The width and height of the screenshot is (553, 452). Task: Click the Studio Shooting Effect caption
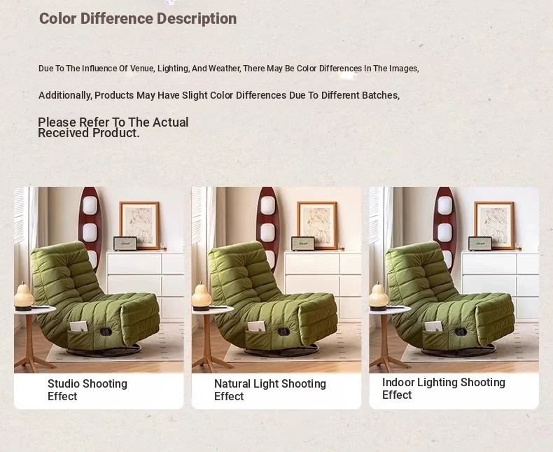coord(87,390)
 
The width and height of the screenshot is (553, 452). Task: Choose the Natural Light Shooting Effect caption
coord(270,390)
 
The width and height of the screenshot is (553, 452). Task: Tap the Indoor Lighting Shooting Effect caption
coord(444,388)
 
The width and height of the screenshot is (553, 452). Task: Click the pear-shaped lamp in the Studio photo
coord(24,296)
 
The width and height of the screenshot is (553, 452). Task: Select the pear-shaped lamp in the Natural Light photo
coord(202,296)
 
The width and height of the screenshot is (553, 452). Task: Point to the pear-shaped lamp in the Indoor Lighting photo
coord(379,296)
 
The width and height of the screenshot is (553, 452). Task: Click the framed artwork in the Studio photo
coord(139,225)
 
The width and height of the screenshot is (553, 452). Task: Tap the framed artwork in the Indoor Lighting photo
coord(494,225)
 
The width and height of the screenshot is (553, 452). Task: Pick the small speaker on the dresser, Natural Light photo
coord(303,243)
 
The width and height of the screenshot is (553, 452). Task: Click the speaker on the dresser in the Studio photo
coord(125,243)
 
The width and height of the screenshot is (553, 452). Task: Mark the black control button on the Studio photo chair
coord(106,332)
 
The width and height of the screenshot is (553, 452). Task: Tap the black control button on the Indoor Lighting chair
coord(461,332)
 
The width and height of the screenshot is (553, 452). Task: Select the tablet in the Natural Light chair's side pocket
coord(256,327)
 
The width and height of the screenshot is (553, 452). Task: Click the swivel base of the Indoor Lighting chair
coord(458,351)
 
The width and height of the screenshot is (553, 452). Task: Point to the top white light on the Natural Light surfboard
coord(267,205)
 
